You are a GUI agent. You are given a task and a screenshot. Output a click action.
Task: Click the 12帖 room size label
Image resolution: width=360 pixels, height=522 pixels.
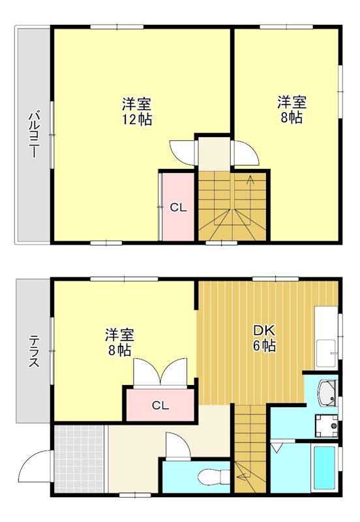(x=136, y=119)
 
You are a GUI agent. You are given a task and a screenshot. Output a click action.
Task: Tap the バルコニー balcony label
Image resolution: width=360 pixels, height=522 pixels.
(x=33, y=135)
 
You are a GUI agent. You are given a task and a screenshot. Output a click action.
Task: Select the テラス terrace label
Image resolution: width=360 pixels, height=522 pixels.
(x=33, y=350)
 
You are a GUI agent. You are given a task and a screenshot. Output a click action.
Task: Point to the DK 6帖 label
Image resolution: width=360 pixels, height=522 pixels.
(x=264, y=338)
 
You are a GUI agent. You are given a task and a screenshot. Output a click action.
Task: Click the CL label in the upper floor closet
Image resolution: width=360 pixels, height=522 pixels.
(x=179, y=208)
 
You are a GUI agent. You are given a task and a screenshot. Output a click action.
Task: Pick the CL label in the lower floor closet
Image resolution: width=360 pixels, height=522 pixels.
(x=160, y=405)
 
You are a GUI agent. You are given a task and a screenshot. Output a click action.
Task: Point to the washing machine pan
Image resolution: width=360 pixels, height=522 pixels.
(x=325, y=426)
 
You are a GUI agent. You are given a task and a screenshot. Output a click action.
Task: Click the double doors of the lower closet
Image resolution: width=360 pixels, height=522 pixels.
(x=160, y=374)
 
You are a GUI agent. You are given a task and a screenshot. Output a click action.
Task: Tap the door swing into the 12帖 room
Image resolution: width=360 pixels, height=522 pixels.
(x=183, y=151)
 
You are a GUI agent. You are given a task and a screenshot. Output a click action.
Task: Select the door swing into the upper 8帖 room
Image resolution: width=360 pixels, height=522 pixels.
(x=245, y=153)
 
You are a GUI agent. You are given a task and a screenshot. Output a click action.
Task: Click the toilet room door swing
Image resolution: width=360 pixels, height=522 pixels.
(x=177, y=448)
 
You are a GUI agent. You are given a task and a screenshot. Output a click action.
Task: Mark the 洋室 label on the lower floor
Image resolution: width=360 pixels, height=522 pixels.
(x=120, y=335)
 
